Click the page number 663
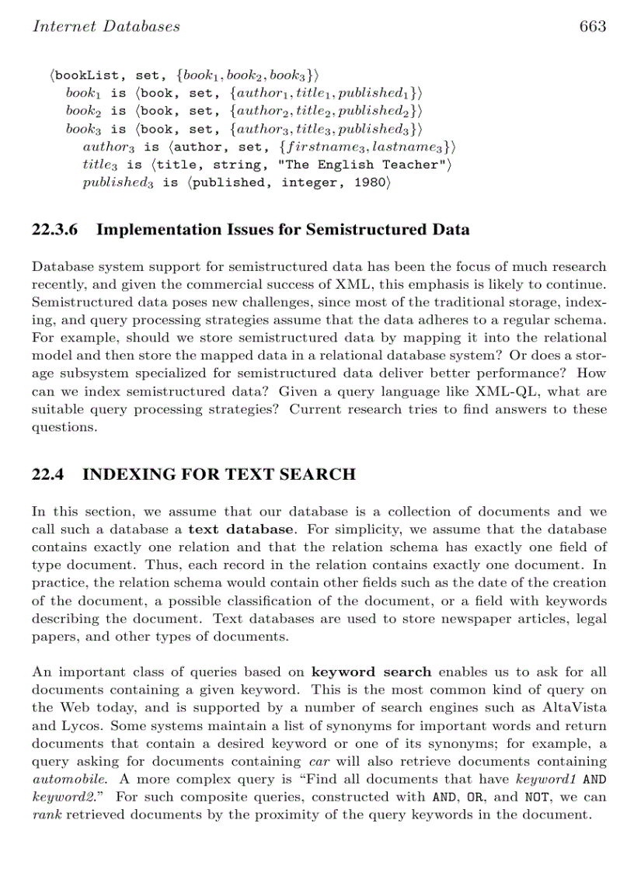[592, 26]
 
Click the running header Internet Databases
[106, 26]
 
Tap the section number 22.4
[47, 474]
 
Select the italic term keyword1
[542, 779]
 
